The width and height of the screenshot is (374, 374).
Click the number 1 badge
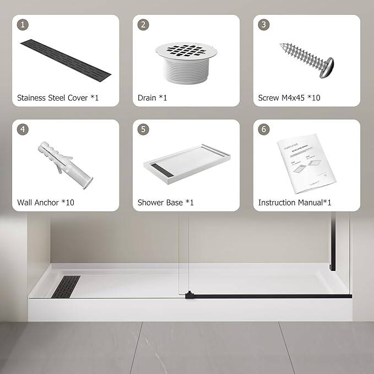23,24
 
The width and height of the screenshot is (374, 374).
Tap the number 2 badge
143,24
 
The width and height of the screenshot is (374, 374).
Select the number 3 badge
264,24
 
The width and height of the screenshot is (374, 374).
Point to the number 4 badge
23,129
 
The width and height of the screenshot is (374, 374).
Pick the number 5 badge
143,129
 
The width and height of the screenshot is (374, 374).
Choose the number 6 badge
264,129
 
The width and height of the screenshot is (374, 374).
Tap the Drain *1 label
152,98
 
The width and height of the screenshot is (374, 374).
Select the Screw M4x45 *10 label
289,98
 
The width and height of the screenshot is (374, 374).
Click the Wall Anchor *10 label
46,203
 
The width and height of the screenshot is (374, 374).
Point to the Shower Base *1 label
166,203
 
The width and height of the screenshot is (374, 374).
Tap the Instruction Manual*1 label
295,203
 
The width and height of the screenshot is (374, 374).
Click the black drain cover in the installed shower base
66,286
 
